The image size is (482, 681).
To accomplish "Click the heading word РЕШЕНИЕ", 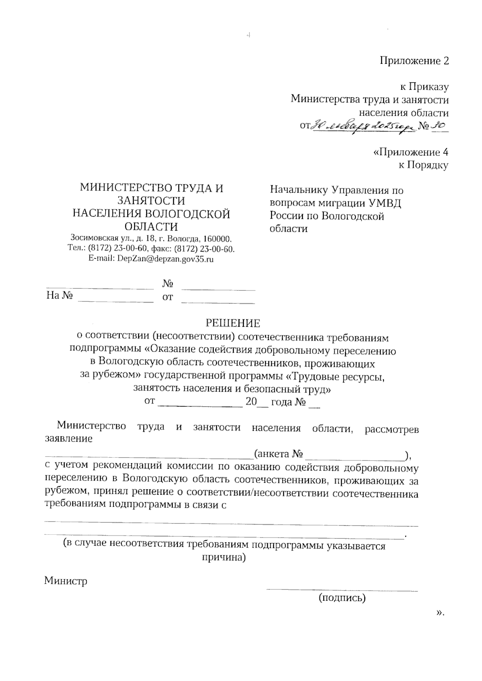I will [x=233, y=323].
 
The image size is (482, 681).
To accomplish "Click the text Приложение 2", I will [x=414, y=61].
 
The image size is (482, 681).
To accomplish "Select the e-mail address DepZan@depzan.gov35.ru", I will [x=165, y=259].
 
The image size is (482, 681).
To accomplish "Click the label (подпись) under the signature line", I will [x=342, y=598].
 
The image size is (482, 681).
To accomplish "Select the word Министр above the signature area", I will [x=65, y=581].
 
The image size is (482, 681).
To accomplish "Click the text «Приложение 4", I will [x=411, y=152].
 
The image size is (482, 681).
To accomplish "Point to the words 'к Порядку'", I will [x=423, y=165].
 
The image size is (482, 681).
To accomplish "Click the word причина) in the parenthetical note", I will [x=224, y=558].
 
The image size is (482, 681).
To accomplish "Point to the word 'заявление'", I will [x=68, y=438].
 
